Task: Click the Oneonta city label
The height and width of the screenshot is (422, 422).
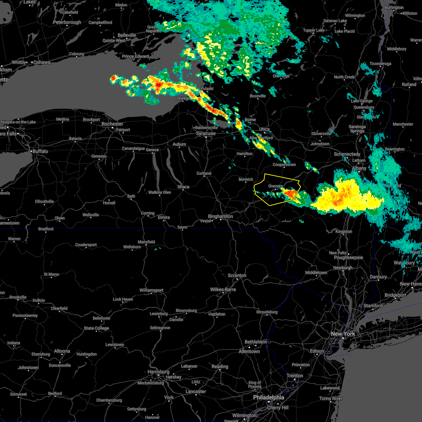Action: click(x=275, y=186)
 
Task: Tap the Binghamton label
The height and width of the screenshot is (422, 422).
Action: click(x=220, y=216)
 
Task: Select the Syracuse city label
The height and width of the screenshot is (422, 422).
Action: click(x=206, y=133)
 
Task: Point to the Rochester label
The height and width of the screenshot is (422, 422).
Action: click(x=112, y=124)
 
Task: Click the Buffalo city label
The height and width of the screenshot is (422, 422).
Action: click(x=40, y=151)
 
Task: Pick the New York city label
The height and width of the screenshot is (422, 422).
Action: click(x=343, y=334)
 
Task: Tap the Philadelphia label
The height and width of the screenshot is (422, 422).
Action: click(x=268, y=397)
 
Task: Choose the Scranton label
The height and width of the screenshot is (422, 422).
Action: click(x=237, y=275)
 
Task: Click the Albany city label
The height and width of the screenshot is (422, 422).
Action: click(x=359, y=168)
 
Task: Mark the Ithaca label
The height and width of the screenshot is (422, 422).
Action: click(x=183, y=187)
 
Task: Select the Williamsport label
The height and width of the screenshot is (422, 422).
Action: click(x=151, y=290)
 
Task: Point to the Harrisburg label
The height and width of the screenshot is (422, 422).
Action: click(x=158, y=372)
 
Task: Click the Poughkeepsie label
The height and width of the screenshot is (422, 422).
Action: click(x=349, y=257)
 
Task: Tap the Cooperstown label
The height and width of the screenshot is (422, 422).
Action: click(x=284, y=165)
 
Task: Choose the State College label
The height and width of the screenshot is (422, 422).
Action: click(x=96, y=328)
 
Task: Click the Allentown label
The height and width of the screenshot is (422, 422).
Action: click(x=249, y=351)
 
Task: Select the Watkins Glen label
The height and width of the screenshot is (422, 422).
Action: click(x=160, y=192)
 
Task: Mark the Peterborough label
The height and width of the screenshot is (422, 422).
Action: click(x=67, y=23)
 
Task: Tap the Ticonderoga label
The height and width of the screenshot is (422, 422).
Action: click(x=380, y=64)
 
